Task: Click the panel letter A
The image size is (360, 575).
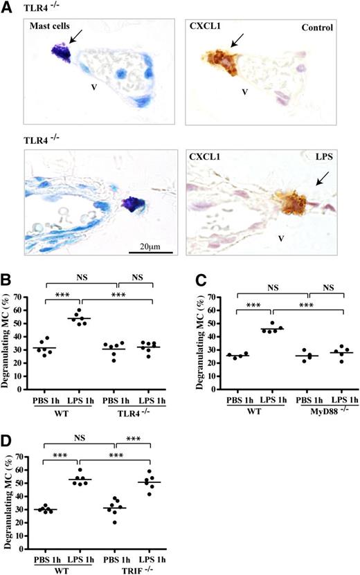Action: click(x=6, y=6)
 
